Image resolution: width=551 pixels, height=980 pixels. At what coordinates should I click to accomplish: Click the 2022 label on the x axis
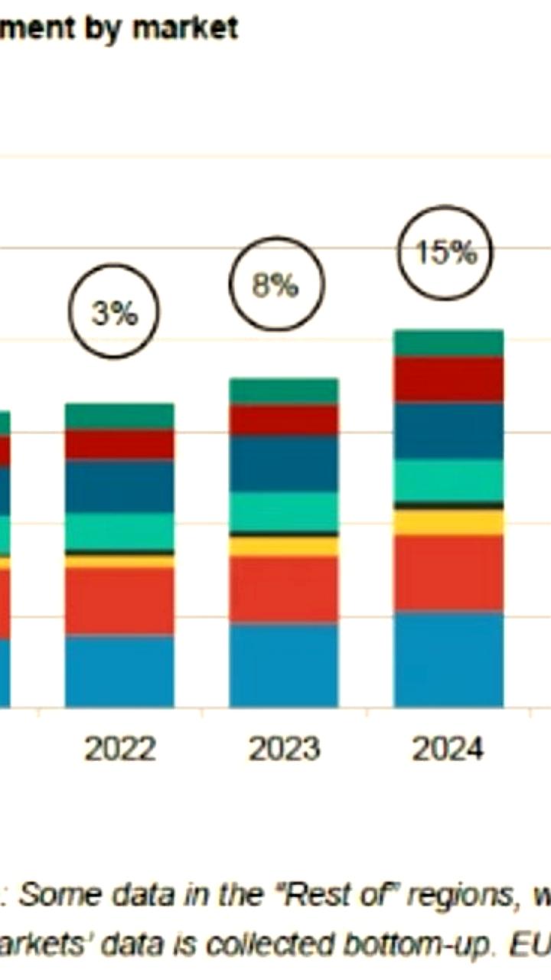119,749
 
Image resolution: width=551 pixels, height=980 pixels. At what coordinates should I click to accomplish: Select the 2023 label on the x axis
284,749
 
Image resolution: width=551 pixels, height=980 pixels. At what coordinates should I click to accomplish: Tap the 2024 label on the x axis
448,749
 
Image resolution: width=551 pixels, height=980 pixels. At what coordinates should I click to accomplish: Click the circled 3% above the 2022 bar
114,312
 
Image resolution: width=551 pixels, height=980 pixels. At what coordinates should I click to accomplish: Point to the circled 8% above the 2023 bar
276,284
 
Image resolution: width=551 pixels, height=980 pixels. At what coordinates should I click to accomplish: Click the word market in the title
184,28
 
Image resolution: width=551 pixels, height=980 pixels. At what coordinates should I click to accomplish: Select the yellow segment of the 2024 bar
448,522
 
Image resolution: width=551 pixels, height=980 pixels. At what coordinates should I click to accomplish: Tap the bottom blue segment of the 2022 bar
119,671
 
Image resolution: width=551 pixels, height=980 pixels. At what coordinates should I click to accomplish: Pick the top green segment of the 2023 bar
284,390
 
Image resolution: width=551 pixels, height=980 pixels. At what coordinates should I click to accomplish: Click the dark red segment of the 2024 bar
448,379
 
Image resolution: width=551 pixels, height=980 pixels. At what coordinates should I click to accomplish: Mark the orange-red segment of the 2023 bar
284,589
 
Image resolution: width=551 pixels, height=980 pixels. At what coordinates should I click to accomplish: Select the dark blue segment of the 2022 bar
119,485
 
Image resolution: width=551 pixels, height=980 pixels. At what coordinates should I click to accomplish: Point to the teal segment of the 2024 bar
448,480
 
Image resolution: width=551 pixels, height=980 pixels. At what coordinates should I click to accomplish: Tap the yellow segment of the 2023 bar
284,546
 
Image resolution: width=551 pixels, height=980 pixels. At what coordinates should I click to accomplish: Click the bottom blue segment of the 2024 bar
448,659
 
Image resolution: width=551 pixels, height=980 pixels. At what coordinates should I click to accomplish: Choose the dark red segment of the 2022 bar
119,444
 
